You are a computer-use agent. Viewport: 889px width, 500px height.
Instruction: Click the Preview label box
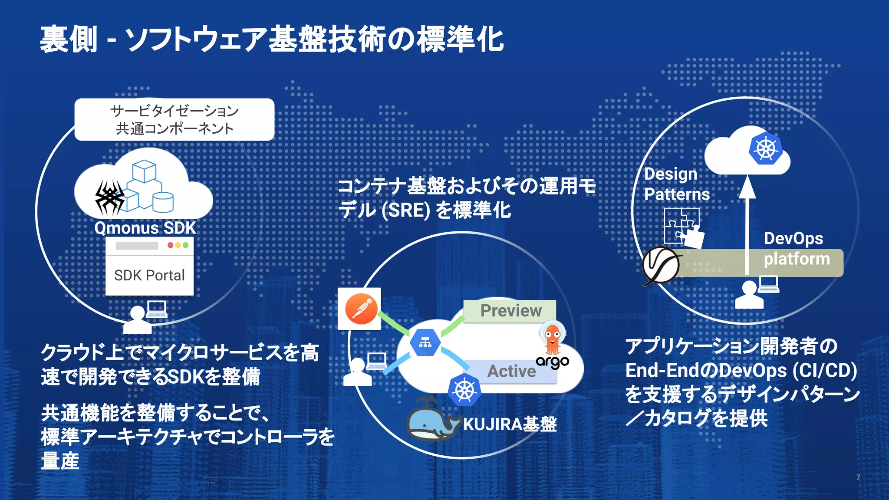[x=510, y=311]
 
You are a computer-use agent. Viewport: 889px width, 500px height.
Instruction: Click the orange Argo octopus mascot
[x=552, y=339]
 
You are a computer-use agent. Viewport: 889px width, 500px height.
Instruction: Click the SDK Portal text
[x=149, y=275]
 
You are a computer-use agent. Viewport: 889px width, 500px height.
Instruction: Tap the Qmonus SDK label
[x=145, y=228]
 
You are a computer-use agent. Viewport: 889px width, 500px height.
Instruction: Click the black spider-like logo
[x=109, y=198]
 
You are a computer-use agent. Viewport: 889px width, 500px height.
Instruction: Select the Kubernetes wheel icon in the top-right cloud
[x=766, y=149]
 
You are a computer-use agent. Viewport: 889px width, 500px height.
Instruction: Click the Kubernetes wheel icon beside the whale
[x=464, y=390]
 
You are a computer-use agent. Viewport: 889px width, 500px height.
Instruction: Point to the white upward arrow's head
[x=747, y=187]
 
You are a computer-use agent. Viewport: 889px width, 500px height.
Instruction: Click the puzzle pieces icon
[x=683, y=227]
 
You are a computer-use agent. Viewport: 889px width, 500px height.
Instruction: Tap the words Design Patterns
[x=676, y=184]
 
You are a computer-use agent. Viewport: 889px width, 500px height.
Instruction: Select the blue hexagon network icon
[x=425, y=343]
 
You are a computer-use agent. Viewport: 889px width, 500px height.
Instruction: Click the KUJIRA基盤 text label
[x=510, y=424]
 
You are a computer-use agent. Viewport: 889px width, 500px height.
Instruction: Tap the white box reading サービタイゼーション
[x=174, y=119]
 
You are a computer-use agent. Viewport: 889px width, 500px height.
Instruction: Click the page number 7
[x=858, y=477]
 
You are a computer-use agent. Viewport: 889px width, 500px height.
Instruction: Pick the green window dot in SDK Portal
[x=186, y=245]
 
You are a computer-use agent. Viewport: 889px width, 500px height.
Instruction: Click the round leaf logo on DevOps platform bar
[x=661, y=265]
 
